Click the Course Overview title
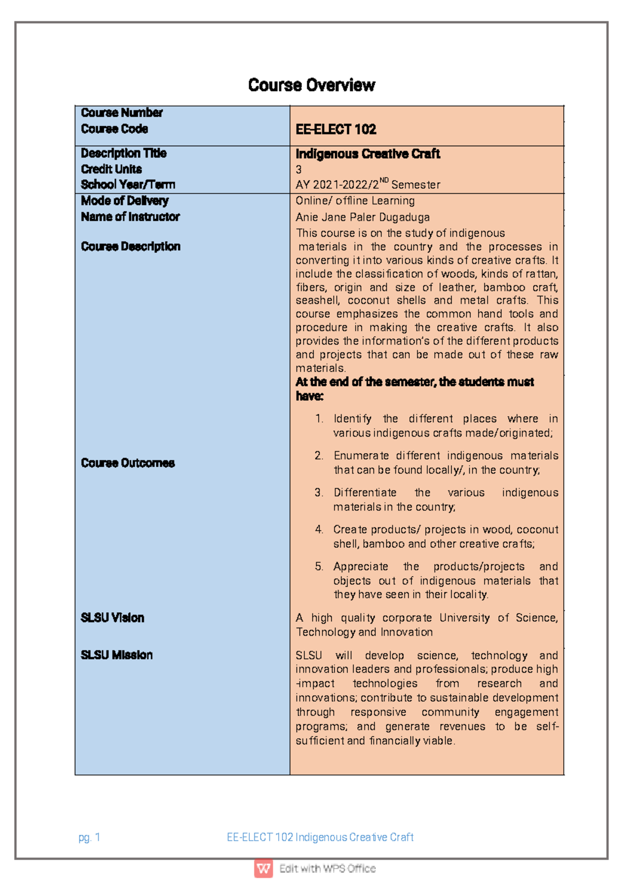(311, 85)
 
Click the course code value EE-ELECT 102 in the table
(336, 129)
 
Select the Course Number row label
(121, 113)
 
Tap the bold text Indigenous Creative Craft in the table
(368, 154)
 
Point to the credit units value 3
(299, 169)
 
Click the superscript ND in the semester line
(384, 181)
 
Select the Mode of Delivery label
(125, 200)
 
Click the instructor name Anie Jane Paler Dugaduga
(362, 217)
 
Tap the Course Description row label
(130, 246)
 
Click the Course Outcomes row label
(128, 463)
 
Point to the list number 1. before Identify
(319, 418)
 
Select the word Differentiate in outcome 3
(364, 492)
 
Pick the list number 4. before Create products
(319, 530)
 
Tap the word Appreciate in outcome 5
(360, 566)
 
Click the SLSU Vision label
(112, 618)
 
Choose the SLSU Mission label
(116, 655)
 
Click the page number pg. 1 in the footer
(89, 837)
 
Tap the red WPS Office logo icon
(264, 868)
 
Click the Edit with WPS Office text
(327, 869)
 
